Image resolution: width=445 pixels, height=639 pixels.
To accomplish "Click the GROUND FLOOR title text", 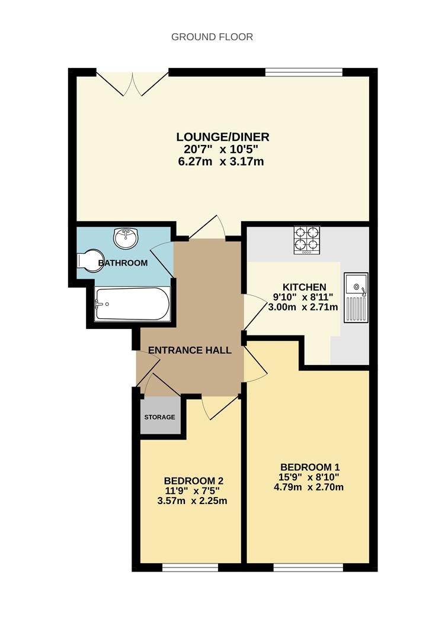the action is click(x=212, y=37).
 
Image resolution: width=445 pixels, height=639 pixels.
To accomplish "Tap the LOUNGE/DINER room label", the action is click(x=223, y=137).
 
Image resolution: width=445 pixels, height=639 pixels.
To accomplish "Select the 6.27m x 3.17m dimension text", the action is click(x=221, y=162).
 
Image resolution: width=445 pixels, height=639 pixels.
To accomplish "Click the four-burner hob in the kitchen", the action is click(x=306, y=240).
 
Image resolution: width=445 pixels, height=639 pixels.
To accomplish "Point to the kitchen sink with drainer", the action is click(x=356, y=298).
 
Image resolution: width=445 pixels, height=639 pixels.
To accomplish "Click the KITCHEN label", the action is click(x=304, y=288).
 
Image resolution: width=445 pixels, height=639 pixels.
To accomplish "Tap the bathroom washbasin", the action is click(x=126, y=237).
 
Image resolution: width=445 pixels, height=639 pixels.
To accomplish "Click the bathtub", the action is click(x=132, y=304).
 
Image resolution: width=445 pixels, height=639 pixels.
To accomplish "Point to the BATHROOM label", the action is click(x=123, y=263).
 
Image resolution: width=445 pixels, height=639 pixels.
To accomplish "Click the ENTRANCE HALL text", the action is click(x=190, y=350).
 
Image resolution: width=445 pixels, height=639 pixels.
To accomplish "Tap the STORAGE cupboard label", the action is click(x=159, y=417).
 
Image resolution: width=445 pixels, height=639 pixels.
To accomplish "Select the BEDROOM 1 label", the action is click(x=310, y=467).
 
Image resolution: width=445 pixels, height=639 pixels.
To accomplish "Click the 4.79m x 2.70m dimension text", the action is click(x=309, y=487).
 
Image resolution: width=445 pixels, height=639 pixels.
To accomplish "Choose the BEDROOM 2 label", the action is click(x=194, y=481).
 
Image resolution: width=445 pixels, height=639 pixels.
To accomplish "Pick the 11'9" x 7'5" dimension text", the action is click(x=193, y=490).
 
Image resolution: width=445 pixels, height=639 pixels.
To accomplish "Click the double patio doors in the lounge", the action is click(x=133, y=84).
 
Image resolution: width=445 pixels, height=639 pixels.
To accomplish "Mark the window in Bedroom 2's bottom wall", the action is click(x=190, y=567).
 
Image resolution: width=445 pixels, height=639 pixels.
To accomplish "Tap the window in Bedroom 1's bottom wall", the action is click(x=308, y=567).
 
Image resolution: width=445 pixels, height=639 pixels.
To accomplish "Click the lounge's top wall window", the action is click(x=304, y=72).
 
